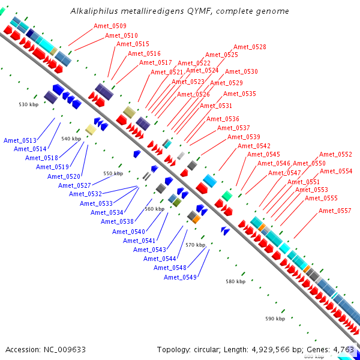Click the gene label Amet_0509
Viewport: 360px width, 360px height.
pyautogui.click(x=110, y=26)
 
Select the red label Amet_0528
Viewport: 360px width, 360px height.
pyautogui.click(x=250, y=47)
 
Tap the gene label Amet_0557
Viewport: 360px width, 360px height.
pyautogui.click(x=335, y=211)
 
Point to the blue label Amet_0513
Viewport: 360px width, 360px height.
pyautogui.click(x=20, y=140)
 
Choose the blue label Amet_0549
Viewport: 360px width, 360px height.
pyautogui.click(x=180, y=277)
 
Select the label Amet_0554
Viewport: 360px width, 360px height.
pyautogui.click(x=336, y=171)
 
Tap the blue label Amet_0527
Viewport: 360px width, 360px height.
pyautogui.click(x=74, y=185)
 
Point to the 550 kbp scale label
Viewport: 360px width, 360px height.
pyautogui.click(x=113, y=174)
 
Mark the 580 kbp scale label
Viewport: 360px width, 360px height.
pyautogui.click(x=235, y=281)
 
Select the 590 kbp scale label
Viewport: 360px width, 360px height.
pyautogui.click(x=275, y=319)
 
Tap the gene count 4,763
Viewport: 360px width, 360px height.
pyautogui.click(x=343, y=349)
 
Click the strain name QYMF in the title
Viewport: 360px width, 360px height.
pyautogui.click(x=207, y=11)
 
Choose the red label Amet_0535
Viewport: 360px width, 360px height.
pyautogui.click(x=239, y=94)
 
